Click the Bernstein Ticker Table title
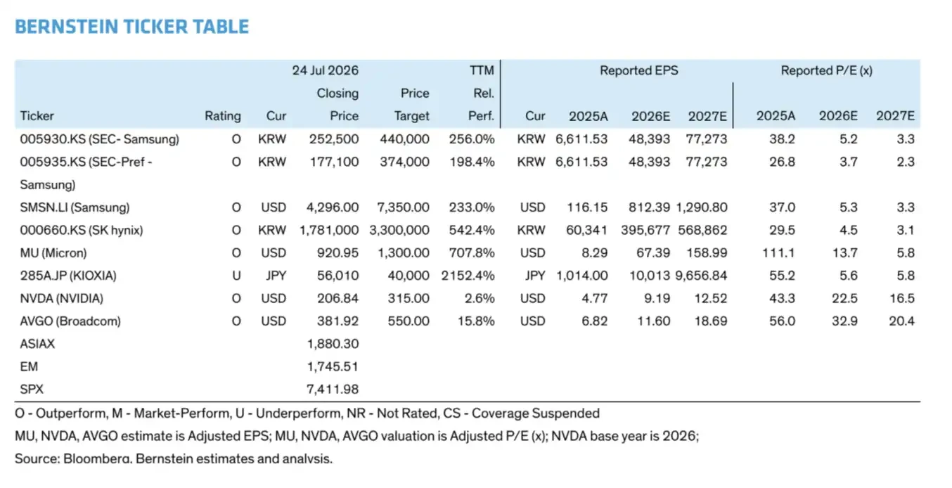point(131,26)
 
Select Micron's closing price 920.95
point(337,253)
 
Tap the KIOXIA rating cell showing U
point(236,276)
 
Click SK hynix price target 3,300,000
point(399,231)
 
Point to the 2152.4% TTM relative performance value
point(468,276)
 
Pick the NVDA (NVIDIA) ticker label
point(62,298)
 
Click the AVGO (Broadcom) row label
point(70,321)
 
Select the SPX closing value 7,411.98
point(333,390)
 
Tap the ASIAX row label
point(37,344)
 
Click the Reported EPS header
point(639,70)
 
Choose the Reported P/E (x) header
point(827,70)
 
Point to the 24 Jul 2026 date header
point(325,70)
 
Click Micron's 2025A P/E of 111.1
point(778,253)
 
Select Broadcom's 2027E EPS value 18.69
point(711,321)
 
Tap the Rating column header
point(223,116)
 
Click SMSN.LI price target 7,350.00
point(403,207)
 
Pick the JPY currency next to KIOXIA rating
point(276,276)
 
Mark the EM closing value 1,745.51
point(333,366)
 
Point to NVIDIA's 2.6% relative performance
point(480,298)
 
